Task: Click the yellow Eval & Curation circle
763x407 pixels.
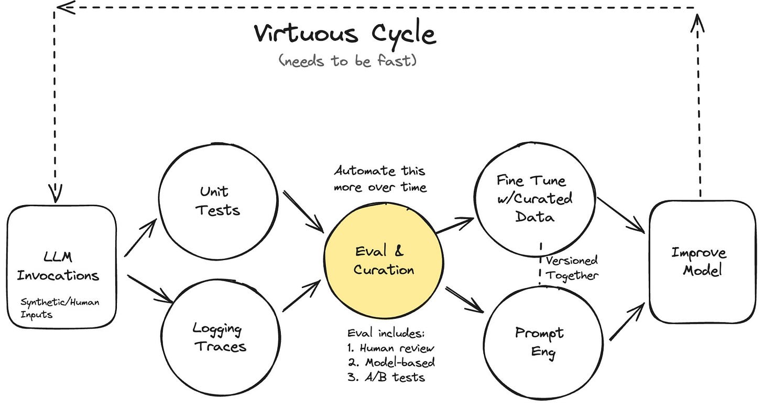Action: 384,260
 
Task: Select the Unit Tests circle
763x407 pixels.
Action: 218,201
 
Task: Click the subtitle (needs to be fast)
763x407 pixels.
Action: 348,61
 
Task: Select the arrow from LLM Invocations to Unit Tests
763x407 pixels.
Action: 140,239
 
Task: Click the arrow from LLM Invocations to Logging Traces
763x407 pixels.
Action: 150,288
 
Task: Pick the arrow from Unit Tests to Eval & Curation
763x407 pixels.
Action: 303,211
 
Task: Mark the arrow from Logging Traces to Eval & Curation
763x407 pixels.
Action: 301,296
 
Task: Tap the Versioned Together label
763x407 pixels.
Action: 571,267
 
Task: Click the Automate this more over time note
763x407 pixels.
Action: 380,179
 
